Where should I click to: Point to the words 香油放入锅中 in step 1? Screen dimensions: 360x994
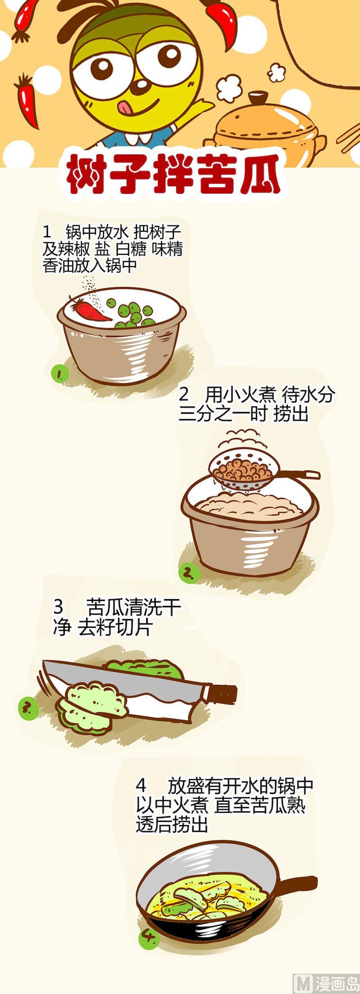click(x=90, y=265)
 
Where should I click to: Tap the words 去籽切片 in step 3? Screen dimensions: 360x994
click(x=115, y=628)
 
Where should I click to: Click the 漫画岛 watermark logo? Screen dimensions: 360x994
click(x=325, y=984)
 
